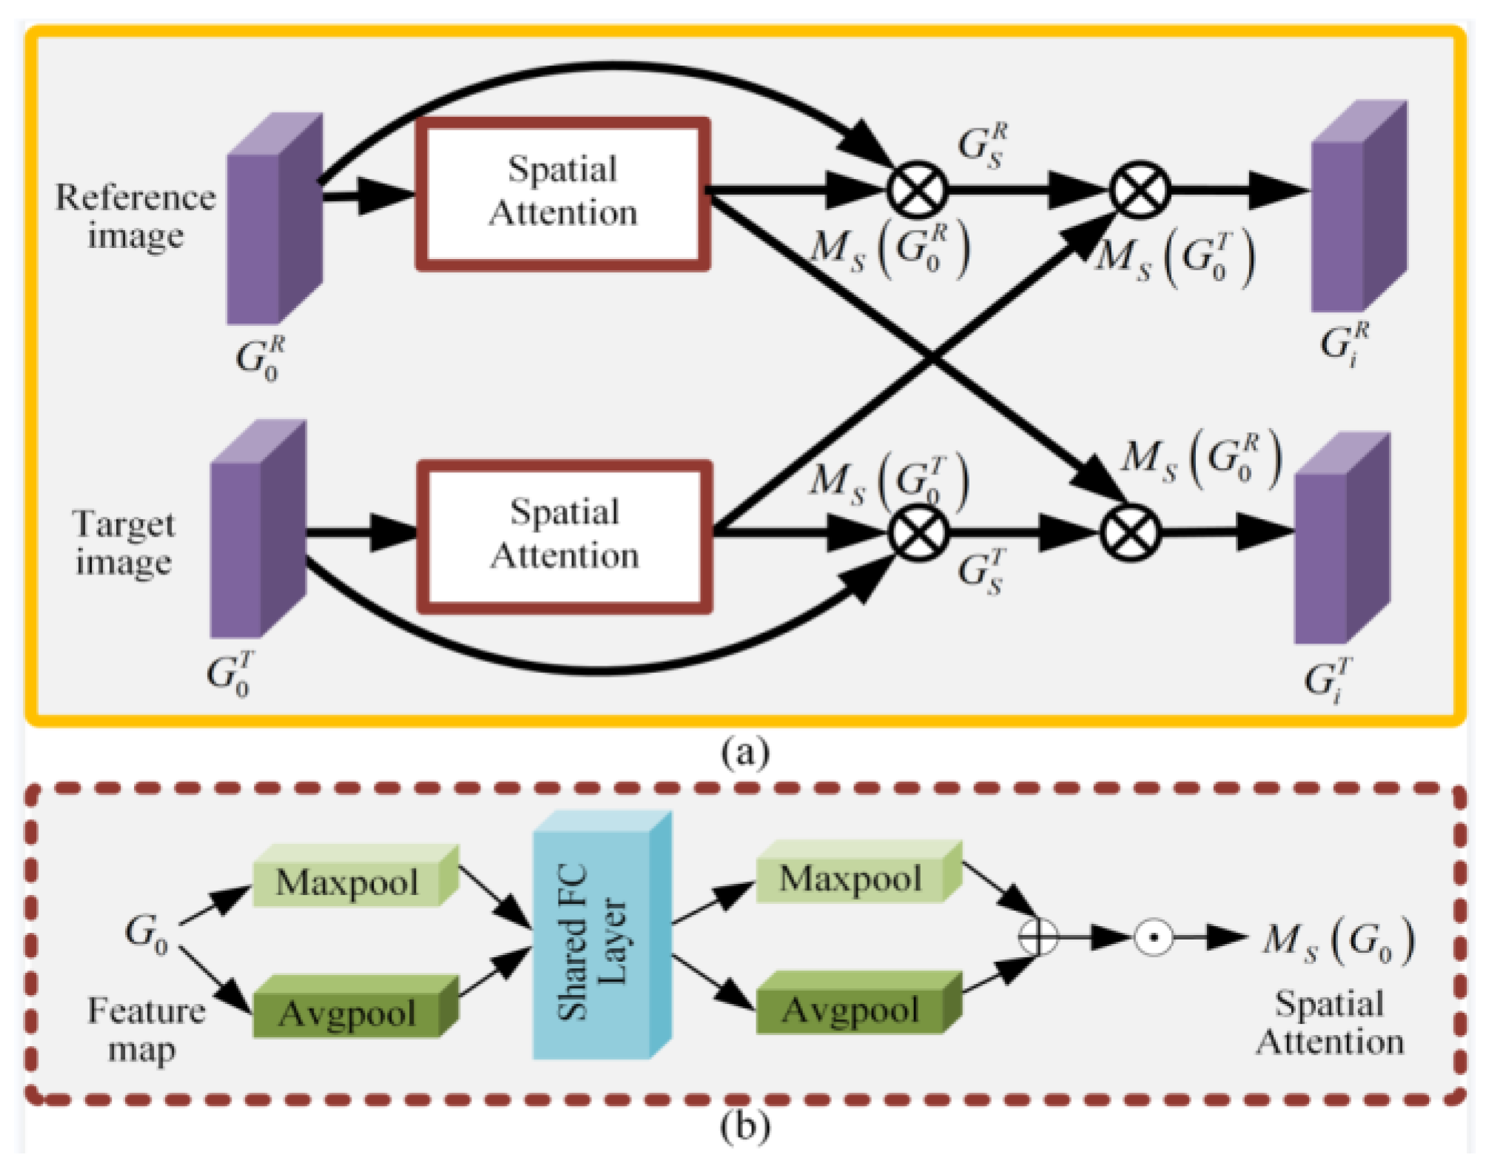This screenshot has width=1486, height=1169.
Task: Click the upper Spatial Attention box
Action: point(562,194)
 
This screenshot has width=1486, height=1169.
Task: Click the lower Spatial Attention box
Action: point(564,537)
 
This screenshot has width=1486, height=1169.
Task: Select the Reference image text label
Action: point(135,216)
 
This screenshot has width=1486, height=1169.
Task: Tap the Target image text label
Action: point(124,543)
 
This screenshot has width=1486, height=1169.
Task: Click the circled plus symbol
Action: point(1038,938)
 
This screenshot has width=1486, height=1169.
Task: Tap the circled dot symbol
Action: point(1153,938)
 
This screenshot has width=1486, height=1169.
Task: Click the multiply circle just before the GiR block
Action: point(1138,190)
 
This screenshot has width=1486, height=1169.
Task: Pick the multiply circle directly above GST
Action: point(918,533)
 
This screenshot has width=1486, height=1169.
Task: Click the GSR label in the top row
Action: point(981,145)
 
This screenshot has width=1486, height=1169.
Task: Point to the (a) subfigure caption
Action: point(744,751)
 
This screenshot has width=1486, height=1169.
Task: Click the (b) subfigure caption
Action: point(744,1127)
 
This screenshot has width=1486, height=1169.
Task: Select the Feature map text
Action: point(145,1029)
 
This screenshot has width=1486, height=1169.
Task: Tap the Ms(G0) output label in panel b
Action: point(1338,940)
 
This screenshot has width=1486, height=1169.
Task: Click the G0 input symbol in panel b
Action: point(147,933)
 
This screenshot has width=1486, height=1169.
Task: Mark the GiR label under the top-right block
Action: point(1344,344)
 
